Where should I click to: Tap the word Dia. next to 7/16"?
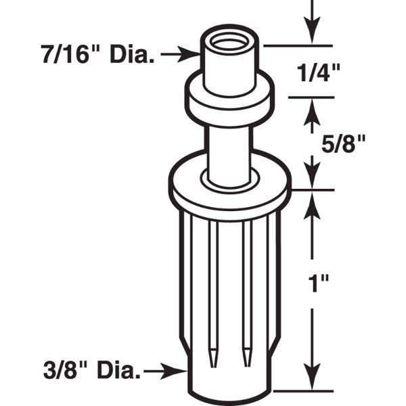tap(133, 54)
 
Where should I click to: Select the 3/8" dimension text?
tap(66, 370)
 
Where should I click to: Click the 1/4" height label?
tap(318, 73)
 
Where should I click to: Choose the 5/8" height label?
tap(343, 143)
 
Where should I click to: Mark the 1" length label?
tap(319, 283)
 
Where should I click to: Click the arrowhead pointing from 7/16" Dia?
tap(189, 54)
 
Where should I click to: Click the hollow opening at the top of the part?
tap(230, 43)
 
